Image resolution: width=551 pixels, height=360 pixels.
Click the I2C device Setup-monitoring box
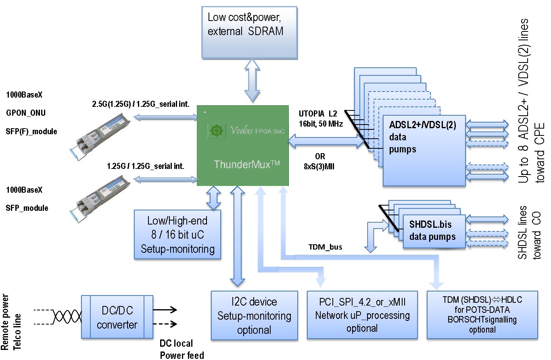pos(254,316)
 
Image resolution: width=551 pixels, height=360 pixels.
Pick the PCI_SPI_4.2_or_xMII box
pos(362,315)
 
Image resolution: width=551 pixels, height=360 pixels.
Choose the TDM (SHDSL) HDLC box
pos(482,315)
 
